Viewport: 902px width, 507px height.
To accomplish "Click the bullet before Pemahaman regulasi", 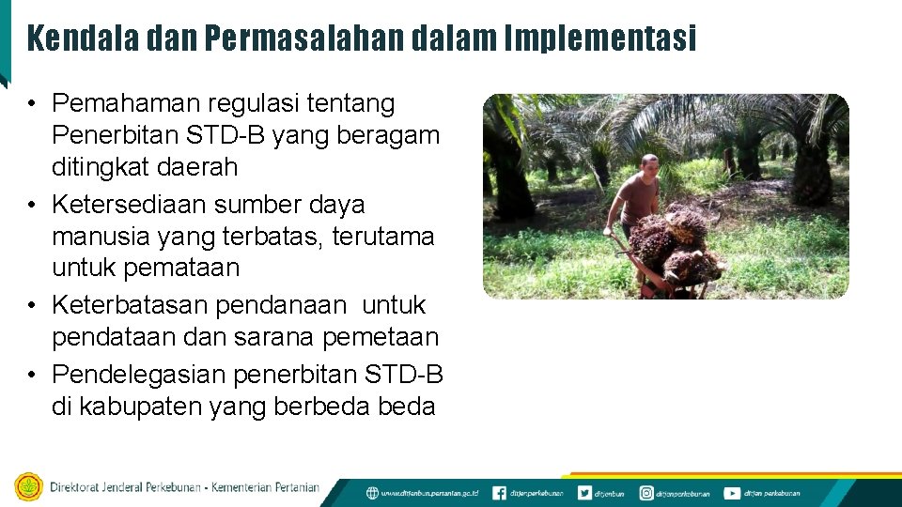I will pos(33,103).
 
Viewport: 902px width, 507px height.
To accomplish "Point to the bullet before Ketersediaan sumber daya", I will pos(33,205).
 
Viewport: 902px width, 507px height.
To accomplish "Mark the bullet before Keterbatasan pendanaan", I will pos(33,306).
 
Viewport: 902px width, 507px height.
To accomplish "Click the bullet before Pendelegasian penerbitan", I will pos(33,375).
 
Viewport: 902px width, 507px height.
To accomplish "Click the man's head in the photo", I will pos(648,165).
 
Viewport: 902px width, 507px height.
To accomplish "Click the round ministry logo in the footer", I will pos(29,487).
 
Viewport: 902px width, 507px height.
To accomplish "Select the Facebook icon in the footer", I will pos(499,492).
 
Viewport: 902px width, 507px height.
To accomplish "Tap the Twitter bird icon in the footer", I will pos(584,492).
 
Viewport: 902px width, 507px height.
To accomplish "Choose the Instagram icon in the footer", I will pos(646,492).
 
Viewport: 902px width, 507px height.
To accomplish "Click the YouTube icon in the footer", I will pos(731,492).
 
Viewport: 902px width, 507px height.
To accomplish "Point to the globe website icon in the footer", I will pos(373,492).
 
